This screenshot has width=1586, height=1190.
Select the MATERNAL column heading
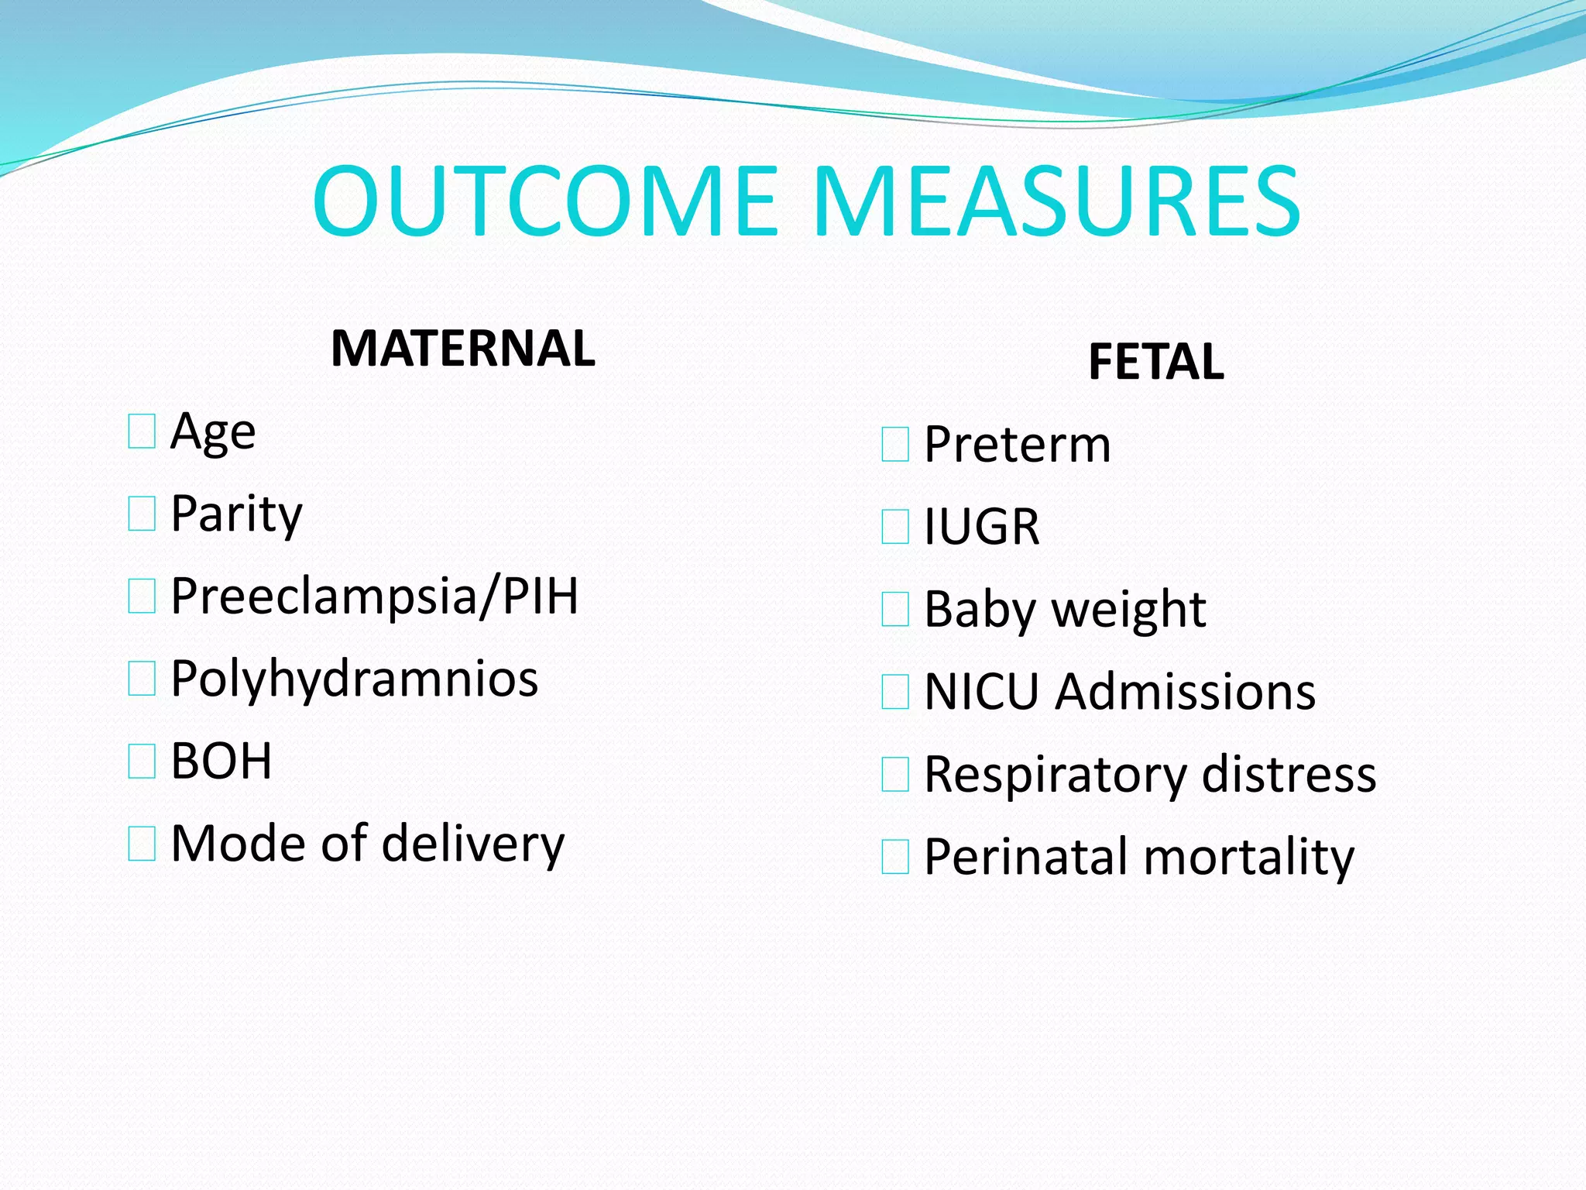[462, 348]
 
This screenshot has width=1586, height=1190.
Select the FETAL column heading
[1155, 362]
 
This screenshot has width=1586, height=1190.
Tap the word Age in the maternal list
[213, 432]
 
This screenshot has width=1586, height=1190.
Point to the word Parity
[236, 514]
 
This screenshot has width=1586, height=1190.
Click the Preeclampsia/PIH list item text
[374, 596]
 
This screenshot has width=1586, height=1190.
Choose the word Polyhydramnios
[354, 679]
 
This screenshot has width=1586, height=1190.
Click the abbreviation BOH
[221, 761]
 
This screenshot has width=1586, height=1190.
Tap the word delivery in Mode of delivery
[473, 843]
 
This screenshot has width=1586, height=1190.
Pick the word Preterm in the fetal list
[1018, 445]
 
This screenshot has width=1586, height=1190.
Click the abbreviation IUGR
[982, 527]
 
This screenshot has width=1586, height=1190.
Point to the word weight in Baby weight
[1128, 610]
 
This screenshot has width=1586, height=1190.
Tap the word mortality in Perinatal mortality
[1248, 857]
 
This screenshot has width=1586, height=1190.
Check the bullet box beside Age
[142, 432]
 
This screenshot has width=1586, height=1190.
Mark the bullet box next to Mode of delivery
[142, 844]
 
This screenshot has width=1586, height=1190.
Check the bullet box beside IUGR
[895, 527]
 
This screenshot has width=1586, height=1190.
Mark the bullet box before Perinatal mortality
[895, 857]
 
